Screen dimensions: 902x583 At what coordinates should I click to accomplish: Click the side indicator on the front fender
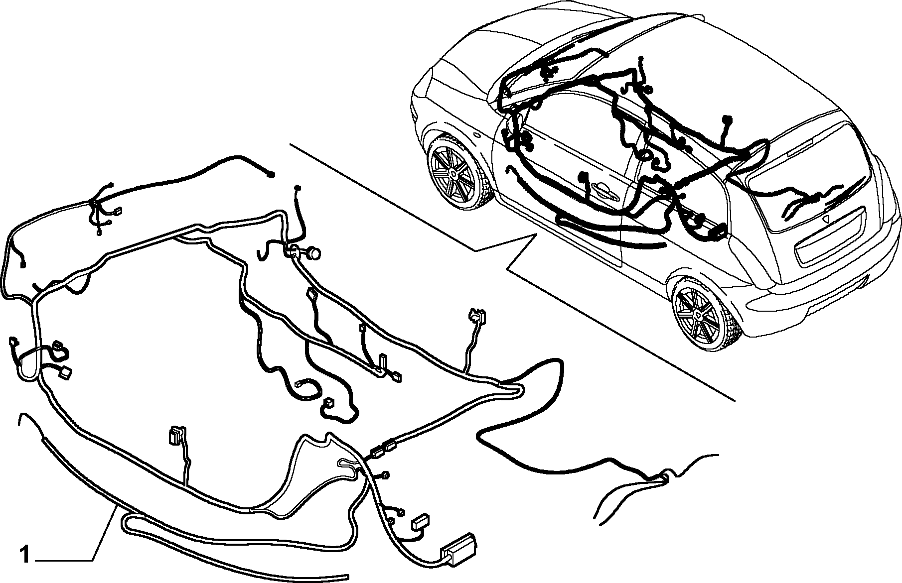pyautogui.click(x=477, y=135)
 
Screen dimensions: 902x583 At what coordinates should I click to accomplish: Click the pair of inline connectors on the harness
pyautogui.click(x=383, y=450)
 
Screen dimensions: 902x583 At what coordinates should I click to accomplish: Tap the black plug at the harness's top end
pyautogui.click(x=271, y=174)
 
